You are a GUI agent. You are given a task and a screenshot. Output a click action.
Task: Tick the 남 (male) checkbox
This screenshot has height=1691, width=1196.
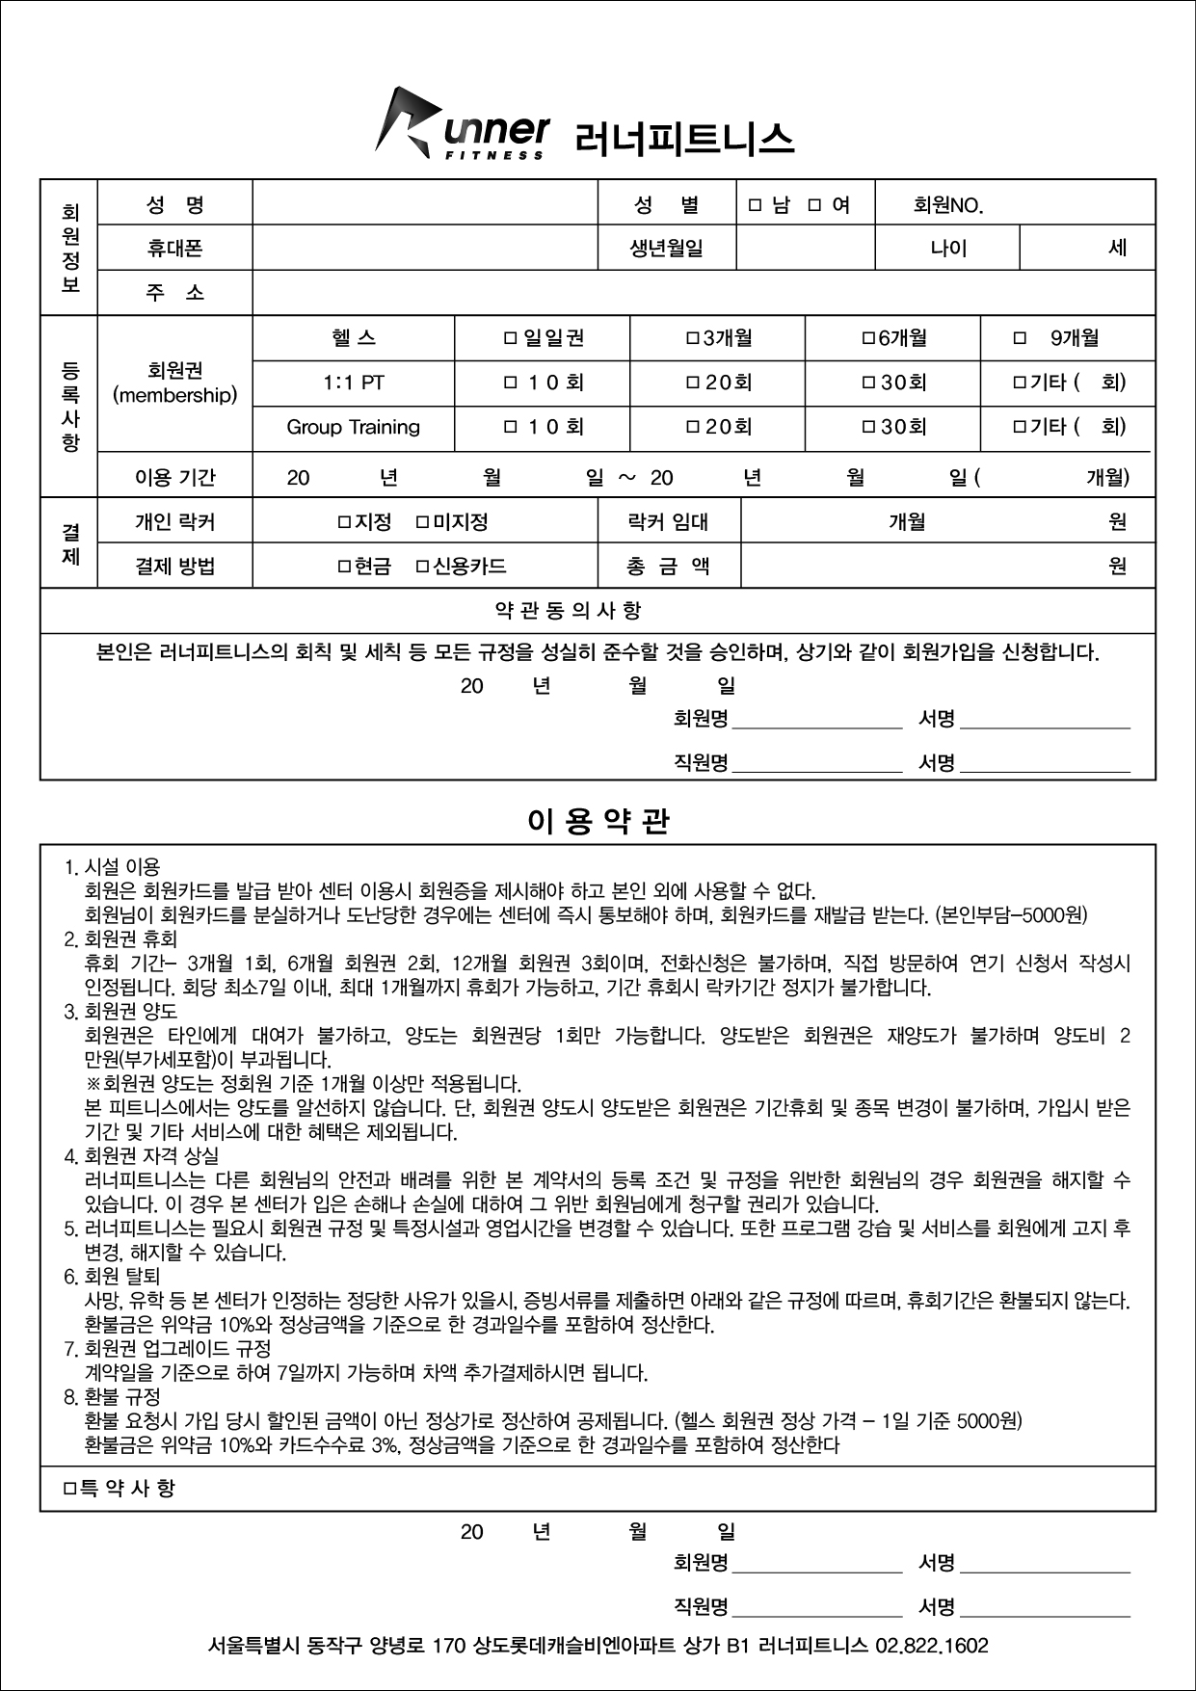tap(756, 205)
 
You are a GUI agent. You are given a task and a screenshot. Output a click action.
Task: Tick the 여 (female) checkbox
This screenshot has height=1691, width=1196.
tap(814, 205)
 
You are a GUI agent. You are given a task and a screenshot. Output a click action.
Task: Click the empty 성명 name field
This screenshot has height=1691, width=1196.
tap(424, 204)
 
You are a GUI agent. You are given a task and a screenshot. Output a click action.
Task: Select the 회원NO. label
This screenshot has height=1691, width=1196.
tap(947, 205)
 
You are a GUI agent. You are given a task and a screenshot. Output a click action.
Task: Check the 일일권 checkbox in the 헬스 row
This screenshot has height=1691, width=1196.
tap(511, 338)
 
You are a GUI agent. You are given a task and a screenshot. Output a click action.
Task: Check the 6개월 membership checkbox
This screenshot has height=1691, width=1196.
tap(867, 338)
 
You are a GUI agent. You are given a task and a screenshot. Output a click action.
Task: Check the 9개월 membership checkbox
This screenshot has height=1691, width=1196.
tap(1020, 338)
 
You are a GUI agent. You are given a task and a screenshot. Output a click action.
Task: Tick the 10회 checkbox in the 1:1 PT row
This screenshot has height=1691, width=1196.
tap(511, 383)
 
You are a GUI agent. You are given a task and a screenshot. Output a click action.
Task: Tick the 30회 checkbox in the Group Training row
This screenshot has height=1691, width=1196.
tap(867, 427)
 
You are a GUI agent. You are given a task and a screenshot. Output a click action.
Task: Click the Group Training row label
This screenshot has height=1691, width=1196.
tap(353, 427)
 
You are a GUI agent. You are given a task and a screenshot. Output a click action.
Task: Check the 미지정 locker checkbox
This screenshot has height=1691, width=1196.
tap(422, 522)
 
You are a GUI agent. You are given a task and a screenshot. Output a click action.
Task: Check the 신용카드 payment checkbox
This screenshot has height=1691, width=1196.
tap(422, 567)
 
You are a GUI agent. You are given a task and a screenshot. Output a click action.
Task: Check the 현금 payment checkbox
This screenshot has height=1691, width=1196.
tap(343, 567)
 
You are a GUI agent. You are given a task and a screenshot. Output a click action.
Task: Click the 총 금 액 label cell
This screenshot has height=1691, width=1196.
tap(668, 567)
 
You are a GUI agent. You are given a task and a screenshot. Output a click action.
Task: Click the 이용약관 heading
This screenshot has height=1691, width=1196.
tap(598, 821)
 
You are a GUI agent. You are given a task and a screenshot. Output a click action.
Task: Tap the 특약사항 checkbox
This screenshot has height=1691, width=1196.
tap(69, 1489)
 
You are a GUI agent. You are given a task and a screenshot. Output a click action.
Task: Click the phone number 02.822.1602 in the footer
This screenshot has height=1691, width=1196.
tap(932, 1646)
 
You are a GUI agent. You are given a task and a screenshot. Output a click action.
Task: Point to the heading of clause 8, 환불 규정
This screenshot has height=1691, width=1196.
tap(112, 1396)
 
